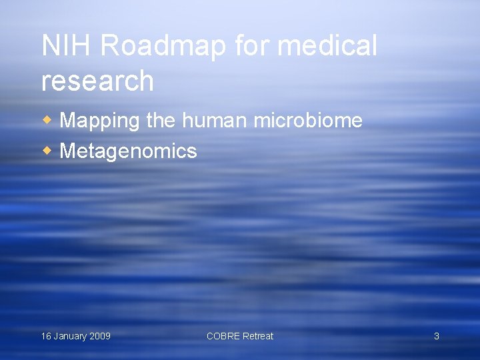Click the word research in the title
(x=97, y=81)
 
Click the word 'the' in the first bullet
(x=160, y=121)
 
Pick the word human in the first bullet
(x=214, y=121)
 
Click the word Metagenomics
(x=128, y=151)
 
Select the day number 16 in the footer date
(x=46, y=336)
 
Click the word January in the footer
(x=70, y=336)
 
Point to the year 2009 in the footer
(x=100, y=336)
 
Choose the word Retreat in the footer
(x=257, y=336)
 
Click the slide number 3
(x=437, y=336)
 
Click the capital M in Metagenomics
(x=67, y=151)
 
